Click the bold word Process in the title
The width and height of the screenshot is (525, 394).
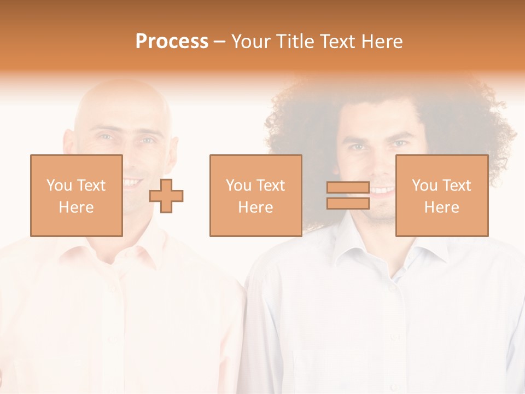coord(172,42)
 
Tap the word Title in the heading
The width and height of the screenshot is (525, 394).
coord(294,42)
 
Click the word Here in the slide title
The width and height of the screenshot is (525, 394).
coord(381,42)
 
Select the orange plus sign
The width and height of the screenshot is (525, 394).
coord(167,195)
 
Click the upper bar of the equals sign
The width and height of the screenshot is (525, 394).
coord(348,187)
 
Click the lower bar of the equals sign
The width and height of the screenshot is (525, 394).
coord(348,203)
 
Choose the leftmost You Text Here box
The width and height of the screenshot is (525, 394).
coord(76,195)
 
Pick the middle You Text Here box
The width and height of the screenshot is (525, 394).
coord(255,195)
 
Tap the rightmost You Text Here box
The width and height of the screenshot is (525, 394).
coord(441,195)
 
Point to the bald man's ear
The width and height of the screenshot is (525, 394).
coord(69,145)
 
